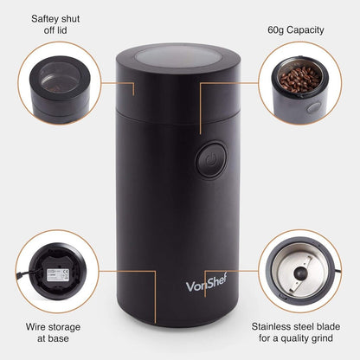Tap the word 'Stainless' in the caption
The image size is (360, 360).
(x=273, y=328)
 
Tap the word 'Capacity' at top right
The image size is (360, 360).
(x=313, y=29)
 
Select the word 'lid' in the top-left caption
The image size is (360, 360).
(x=72, y=31)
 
